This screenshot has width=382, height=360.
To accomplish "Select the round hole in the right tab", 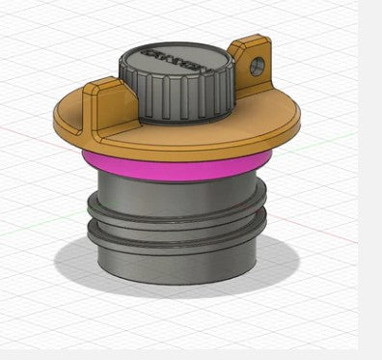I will tap(258, 66).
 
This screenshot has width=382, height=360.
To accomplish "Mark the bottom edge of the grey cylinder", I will tap(178, 281).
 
